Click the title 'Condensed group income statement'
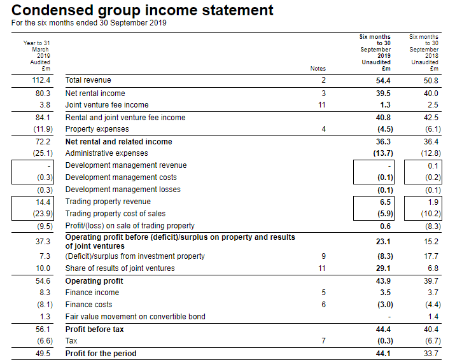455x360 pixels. click(x=142, y=11)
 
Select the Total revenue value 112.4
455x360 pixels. click(x=41, y=80)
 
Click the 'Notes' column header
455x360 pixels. click(x=318, y=69)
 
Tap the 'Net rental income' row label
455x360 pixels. click(x=95, y=93)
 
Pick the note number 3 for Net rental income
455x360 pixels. click(x=323, y=93)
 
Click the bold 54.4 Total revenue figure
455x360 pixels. click(x=383, y=81)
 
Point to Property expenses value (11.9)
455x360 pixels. click(x=43, y=129)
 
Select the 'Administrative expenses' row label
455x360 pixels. click(x=106, y=153)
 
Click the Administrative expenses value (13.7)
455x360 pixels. click(x=383, y=153)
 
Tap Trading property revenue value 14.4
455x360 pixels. click(x=43, y=202)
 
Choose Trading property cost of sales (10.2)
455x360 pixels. click(x=431, y=214)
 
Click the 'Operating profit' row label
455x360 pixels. click(x=94, y=281)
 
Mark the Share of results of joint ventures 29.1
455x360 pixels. click(x=383, y=268)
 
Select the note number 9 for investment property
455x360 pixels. click(x=323, y=256)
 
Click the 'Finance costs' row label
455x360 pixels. click(x=88, y=305)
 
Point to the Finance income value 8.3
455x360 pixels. click(x=45, y=293)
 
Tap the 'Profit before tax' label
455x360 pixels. click(x=95, y=329)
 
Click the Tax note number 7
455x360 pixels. click(x=323, y=340)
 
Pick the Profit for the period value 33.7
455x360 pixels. click(x=431, y=354)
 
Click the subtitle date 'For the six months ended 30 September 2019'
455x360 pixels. click(x=89, y=23)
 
